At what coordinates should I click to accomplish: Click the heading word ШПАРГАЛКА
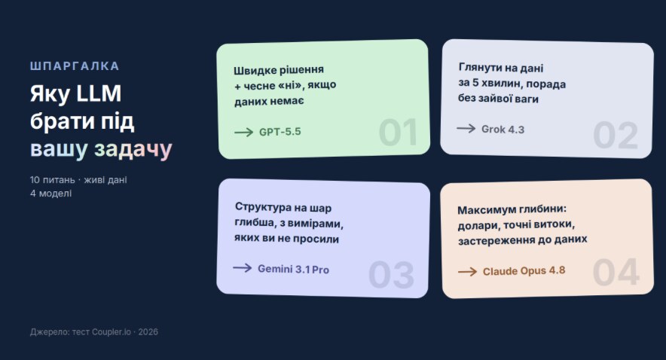[75, 66]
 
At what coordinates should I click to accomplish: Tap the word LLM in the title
[99, 93]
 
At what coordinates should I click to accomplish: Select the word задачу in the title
[133, 149]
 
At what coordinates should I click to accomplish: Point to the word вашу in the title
[59, 149]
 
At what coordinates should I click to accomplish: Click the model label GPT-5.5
[280, 132]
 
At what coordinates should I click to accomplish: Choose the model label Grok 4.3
[503, 130]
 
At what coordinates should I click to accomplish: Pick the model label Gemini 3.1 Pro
[294, 269]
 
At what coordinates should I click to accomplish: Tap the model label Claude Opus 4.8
[524, 271]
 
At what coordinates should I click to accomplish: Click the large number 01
[398, 133]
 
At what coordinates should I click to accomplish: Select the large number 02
[616, 136]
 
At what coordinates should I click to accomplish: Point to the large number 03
[391, 275]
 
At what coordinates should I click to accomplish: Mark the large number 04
[616, 272]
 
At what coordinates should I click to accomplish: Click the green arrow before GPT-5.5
[244, 133]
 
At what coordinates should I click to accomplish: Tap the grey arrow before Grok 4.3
[466, 128]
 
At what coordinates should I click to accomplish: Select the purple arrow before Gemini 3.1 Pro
[243, 268]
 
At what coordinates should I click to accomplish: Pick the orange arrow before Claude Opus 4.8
[468, 271]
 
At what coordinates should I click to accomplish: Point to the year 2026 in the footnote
[148, 332]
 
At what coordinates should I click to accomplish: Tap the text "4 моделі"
[51, 193]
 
